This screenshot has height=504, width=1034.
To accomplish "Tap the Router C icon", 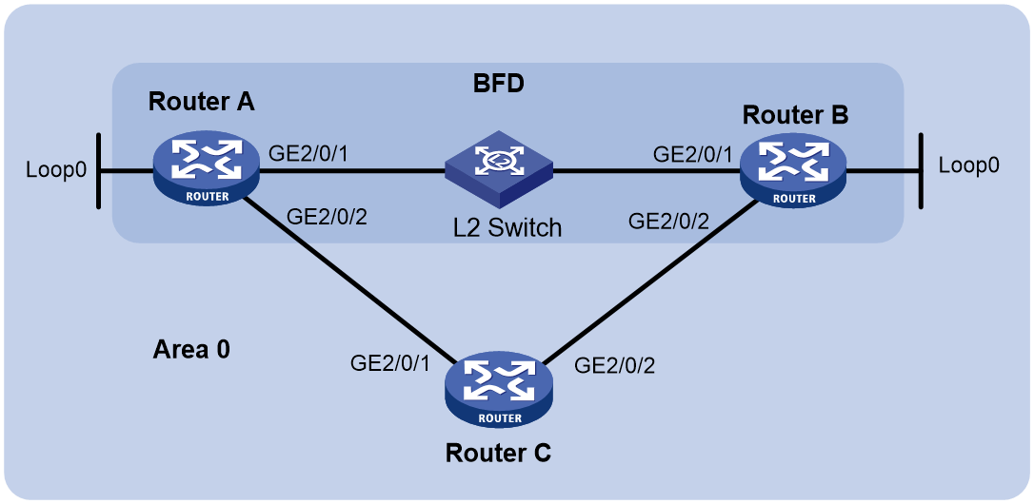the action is [499, 393].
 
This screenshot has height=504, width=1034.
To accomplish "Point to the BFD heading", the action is [499, 85].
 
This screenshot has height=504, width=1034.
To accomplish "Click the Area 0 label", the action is [191, 350].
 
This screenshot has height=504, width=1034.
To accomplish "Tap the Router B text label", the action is [795, 115].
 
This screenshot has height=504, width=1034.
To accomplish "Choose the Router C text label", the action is [499, 454].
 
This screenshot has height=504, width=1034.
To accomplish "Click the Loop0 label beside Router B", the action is [968, 165].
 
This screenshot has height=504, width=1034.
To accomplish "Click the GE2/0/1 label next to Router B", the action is [691, 155].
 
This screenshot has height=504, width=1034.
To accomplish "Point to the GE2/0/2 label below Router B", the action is [670, 222].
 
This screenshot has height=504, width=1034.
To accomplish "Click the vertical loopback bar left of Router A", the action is [98, 171].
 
